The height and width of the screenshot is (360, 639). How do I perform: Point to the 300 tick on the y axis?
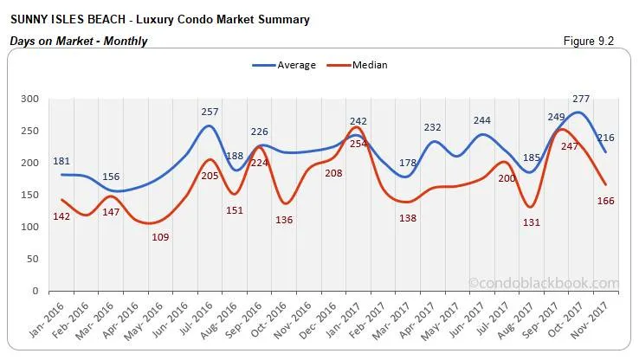(x=29, y=100)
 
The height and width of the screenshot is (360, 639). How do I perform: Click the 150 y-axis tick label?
(x=29, y=195)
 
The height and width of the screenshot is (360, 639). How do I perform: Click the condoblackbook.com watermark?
(x=544, y=283)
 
